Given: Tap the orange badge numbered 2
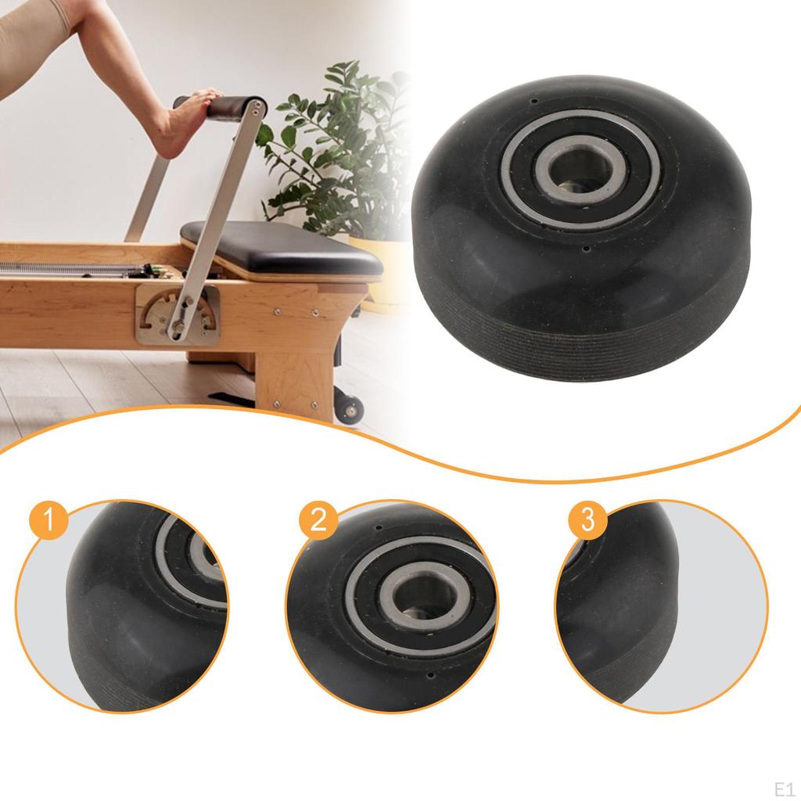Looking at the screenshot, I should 318,520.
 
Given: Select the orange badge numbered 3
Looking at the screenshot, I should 587,520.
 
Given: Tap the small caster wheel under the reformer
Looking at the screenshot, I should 350,408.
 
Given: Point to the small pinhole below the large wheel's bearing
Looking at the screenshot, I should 587,250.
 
